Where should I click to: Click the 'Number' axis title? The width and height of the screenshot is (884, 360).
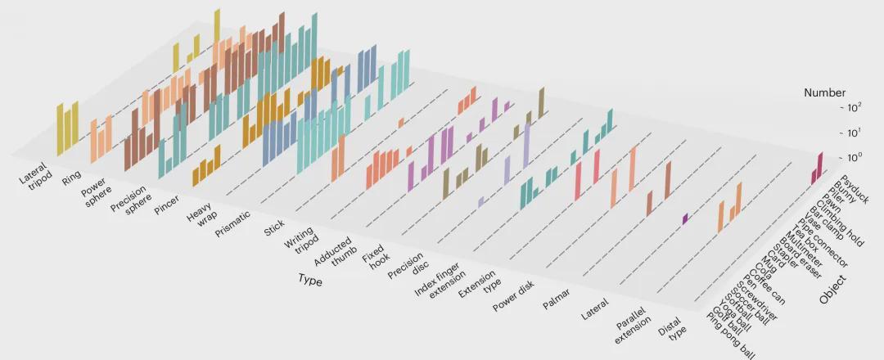pyautogui.click(x=824, y=92)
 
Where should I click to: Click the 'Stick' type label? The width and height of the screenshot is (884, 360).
pyautogui.click(x=273, y=229)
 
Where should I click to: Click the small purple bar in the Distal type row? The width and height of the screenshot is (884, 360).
pyautogui.click(x=685, y=218)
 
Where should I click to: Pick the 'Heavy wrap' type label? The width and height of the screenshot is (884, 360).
pyautogui.click(x=199, y=220)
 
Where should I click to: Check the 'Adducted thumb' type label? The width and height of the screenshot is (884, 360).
pyautogui.click(x=333, y=254)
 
